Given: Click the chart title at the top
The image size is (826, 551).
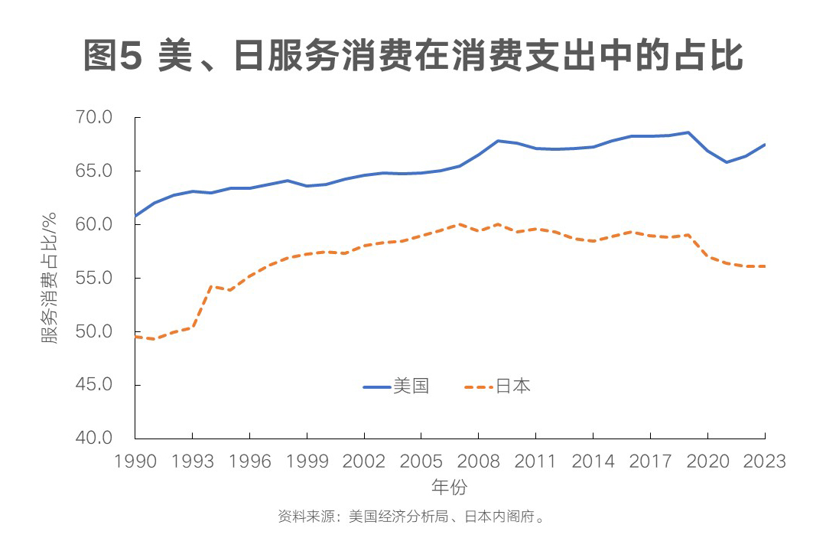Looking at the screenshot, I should (x=413, y=57).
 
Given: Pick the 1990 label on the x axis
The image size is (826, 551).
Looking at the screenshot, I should (x=135, y=461).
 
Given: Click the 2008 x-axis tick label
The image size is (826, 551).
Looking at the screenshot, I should (x=478, y=461).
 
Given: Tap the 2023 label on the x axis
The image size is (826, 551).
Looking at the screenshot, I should (x=765, y=461).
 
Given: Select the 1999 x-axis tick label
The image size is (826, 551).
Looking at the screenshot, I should (x=307, y=461).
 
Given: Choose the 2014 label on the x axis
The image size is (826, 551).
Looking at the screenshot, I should (x=593, y=461).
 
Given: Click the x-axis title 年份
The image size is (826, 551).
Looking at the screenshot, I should (x=449, y=487).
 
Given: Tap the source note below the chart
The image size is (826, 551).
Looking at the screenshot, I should (x=412, y=517).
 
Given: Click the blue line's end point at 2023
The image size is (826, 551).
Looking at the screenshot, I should (x=765, y=145).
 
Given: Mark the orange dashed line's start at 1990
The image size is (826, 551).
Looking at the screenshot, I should (x=135, y=337).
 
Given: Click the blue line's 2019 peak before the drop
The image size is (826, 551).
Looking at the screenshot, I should (x=688, y=132).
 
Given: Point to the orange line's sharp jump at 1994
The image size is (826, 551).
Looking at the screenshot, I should (x=211, y=286).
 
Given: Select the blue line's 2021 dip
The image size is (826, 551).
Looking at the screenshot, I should (x=727, y=162).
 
